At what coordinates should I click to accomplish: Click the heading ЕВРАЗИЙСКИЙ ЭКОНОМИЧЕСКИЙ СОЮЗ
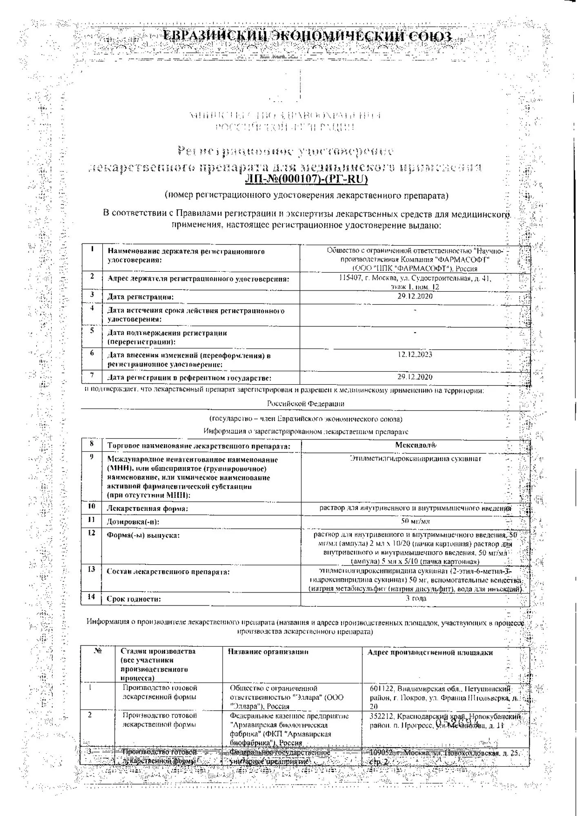click(307, 37)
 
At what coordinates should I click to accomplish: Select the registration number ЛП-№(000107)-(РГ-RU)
click(306, 179)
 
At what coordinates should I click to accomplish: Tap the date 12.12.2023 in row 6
click(415, 355)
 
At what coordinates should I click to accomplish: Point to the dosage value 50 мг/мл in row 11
click(415, 521)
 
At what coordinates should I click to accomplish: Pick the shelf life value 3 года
click(415, 598)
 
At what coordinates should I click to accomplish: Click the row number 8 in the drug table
click(92, 444)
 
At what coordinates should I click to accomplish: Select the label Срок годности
click(133, 599)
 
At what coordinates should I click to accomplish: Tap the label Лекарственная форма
click(147, 508)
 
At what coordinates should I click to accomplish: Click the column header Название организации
click(268, 652)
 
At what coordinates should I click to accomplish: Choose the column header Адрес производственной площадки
click(430, 652)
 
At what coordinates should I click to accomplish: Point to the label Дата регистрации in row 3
click(140, 297)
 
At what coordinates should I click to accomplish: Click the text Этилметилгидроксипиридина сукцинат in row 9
click(415, 458)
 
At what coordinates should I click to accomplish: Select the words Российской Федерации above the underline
click(306, 404)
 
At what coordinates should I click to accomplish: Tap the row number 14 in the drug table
click(91, 597)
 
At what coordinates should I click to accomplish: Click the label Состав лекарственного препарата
click(168, 572)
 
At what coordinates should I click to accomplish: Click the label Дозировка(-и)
click(133, 521)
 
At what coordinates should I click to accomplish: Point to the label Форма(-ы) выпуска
click(137, 535)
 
